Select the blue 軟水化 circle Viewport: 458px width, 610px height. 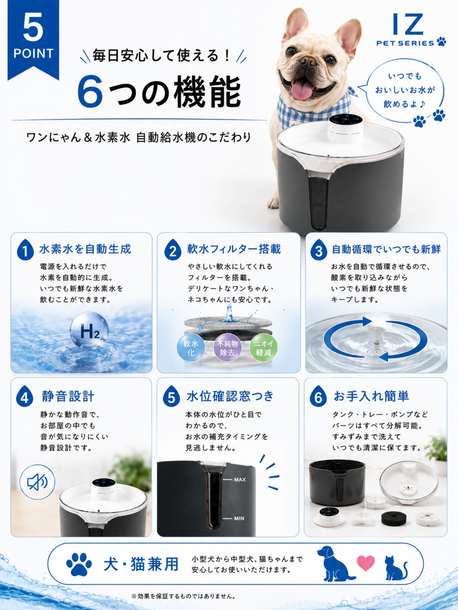pyautogui.click(x=191, y=348)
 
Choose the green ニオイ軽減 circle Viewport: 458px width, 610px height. pyautogui.click(x=264, y=348)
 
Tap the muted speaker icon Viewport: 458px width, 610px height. pyautogui.click(x=37, y=482)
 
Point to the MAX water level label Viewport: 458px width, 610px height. pyautogui.click(x=240, y=480)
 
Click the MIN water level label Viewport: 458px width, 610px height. pyautogui.click(x=239, y=518)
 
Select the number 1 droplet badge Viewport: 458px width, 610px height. pyautogui.click(x=25, y=250)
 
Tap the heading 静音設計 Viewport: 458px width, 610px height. pyautogui.click(x=68, y=396)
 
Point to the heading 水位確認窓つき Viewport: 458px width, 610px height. pyautogui.click(x=230, y=396)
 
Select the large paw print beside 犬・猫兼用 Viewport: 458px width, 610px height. pyautogui.click(x=79, y=564)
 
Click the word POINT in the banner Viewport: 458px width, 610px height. pyautogui.click(x=33, y=54)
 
